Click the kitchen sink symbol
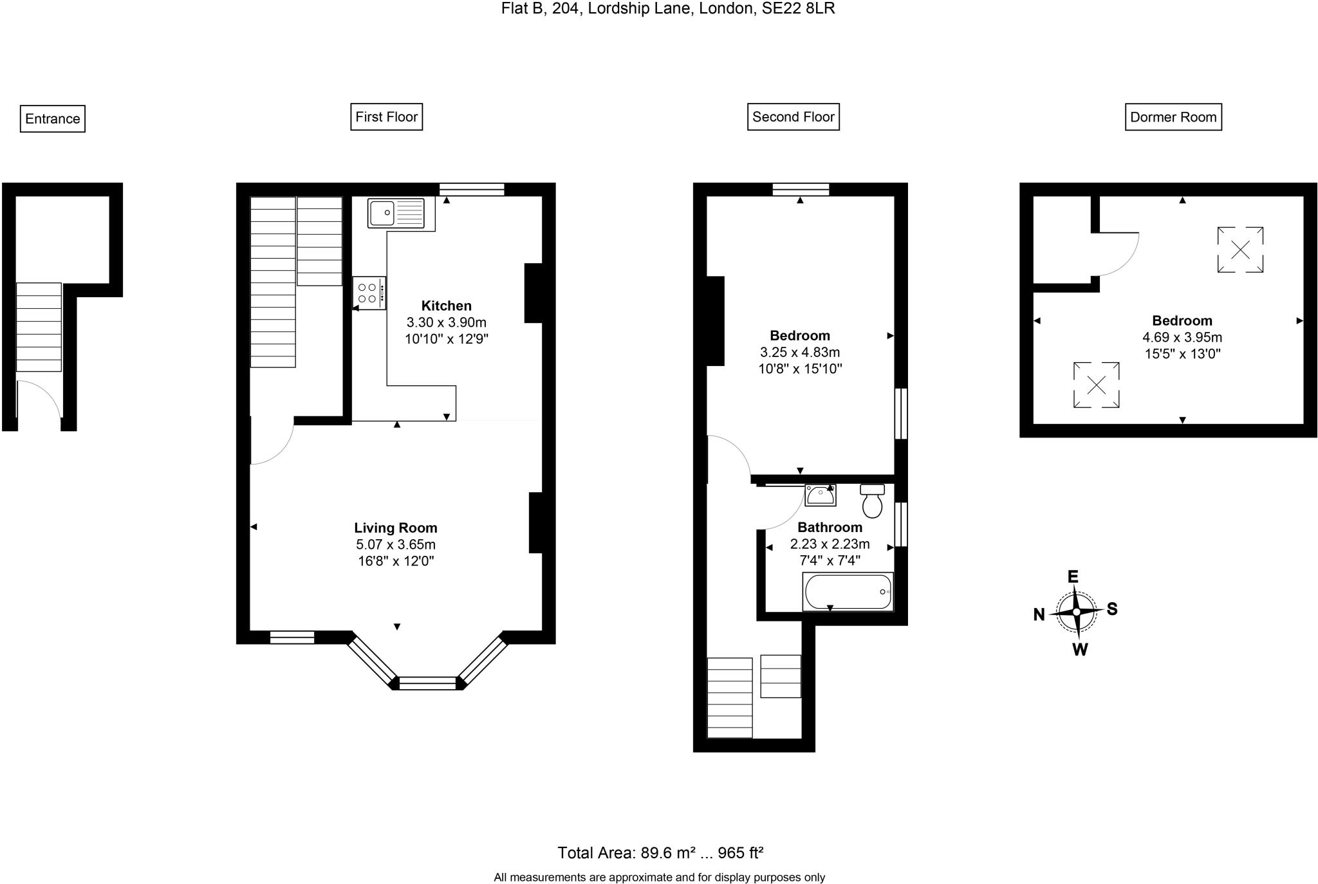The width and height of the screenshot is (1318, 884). (396, 213)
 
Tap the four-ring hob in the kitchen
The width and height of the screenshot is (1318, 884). (369, 293)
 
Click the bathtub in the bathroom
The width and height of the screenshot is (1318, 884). (848, 591)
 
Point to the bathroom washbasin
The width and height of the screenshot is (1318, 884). (821, 495)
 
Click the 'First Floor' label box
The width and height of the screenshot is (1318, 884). (386, 117)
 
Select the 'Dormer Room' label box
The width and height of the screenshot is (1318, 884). (1173, 117)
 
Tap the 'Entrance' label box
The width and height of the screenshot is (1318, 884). (53, 119)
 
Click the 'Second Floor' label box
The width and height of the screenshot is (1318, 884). (793, 117)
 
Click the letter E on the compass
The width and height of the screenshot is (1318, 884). (1073, 576)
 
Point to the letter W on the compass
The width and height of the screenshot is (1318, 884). (1080, 650)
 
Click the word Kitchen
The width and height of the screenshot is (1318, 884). (446, 306)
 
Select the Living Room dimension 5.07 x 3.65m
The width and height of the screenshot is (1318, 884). (396, 544)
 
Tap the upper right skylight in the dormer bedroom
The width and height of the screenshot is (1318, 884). (1239, 250)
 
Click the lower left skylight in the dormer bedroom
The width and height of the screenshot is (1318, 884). (1096, 385)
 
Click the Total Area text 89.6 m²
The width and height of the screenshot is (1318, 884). (667, 853)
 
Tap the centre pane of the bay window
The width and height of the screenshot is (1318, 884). (428, 683)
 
